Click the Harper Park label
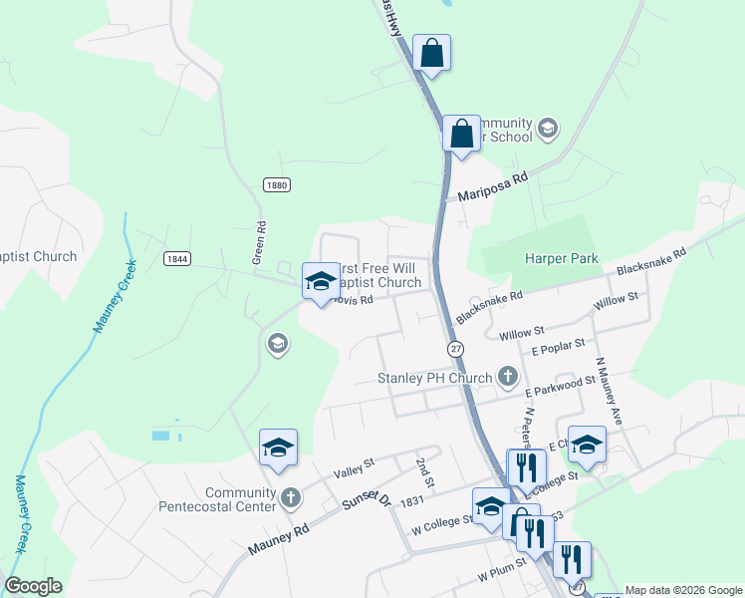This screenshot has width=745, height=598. click(x=562, y=258)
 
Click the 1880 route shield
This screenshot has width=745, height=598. click(x=277, y=185)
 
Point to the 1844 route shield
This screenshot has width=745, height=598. click(x=177, y=258)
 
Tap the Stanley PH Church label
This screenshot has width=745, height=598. click(x=435, y=378)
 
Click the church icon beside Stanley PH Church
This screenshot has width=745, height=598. click(x=508, y=376)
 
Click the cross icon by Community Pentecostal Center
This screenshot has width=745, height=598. click(x=290, y=497)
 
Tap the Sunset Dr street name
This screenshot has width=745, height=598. click(x=366, y=507)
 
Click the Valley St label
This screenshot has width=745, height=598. click(x=354, y=463)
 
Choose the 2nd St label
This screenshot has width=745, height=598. click(x=425, y=471)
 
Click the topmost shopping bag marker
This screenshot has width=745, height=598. click(x=431, y=52)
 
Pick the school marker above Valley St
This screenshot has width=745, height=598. click(x=278, y=448)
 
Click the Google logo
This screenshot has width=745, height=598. click(x=33, y=586)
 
